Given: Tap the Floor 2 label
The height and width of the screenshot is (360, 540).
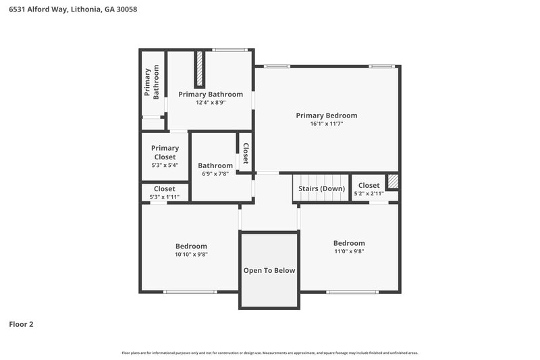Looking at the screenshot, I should [x=21, y=324].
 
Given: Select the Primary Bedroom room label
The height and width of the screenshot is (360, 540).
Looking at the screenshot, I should [x=327, y=115].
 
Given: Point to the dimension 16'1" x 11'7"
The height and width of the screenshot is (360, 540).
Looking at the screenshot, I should [x=327, y=124].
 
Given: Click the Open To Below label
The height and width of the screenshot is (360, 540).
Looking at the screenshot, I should [x=269, y=270].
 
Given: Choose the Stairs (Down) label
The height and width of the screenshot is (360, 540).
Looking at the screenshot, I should [x=321, y=188].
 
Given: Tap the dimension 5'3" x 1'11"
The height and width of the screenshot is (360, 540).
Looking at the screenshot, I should [x=165, y=197].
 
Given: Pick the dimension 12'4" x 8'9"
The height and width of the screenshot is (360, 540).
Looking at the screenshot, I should [x=211, y=103].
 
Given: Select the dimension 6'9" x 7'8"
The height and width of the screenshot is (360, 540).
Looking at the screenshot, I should [x=215, y=174].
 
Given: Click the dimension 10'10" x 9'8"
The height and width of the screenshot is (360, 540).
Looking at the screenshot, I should [x=191, y=255].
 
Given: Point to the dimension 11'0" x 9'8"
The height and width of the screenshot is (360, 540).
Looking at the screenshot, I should [x=349, y=251].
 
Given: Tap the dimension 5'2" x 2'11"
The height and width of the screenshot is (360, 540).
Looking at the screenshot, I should [x=369, y=194].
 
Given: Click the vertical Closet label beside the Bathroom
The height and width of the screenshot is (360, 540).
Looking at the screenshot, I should [x=246, y=153].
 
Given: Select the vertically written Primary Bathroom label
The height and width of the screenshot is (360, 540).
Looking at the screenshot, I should [x=152, y=82].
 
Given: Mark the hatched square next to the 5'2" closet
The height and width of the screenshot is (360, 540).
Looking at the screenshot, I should [x=393, y=182].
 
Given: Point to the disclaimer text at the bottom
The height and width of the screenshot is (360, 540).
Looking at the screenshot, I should [x=269, y=353].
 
